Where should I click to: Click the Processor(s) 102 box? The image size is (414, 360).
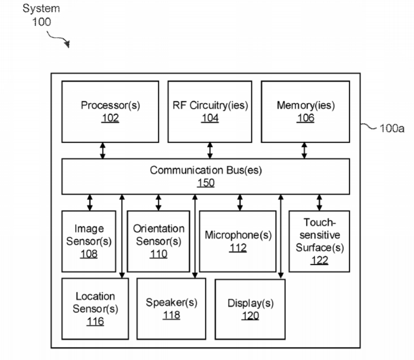click(110, 111)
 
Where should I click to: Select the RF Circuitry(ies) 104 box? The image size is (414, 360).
click(210, 111)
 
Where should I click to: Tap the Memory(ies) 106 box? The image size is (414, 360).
click(305, 111)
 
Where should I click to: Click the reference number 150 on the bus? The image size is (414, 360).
click(205, 183)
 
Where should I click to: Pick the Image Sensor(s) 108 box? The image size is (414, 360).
click(89, 241)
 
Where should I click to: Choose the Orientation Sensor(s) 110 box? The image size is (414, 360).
click(158, 241)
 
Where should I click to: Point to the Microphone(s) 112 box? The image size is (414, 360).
click(238, 241)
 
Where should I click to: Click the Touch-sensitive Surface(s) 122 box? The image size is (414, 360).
click(319, 241)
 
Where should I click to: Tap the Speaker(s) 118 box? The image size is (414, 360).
click(171, 308)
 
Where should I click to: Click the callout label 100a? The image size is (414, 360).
click(391, 129)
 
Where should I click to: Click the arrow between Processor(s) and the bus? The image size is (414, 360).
click(103, 150)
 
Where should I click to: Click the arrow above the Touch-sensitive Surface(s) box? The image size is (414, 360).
click(319, 202)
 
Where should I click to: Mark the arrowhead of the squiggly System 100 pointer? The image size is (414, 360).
click(68, 45)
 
